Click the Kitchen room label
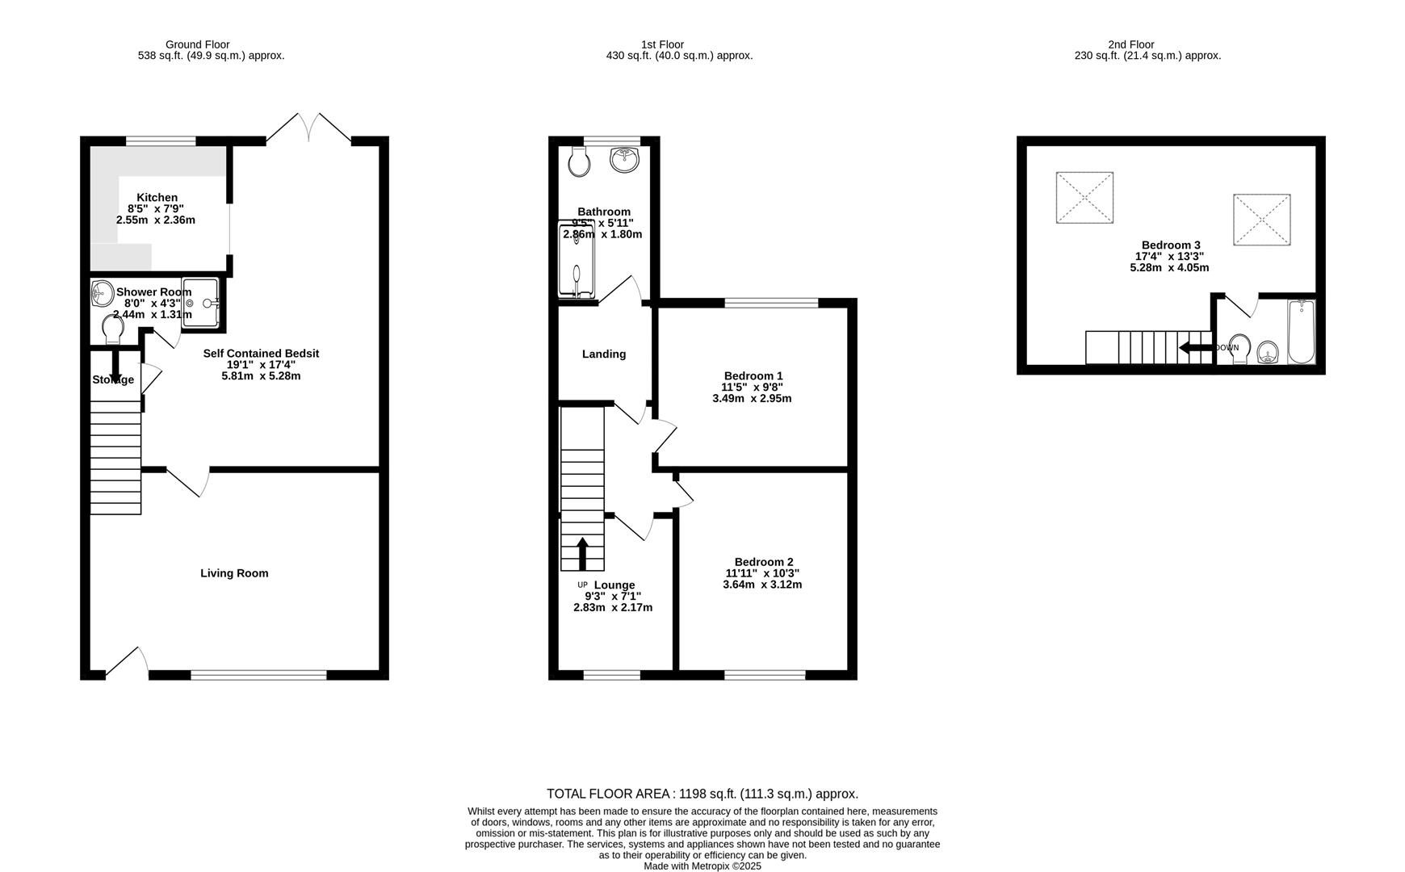coord(157,198)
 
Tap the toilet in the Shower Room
coord(113,329)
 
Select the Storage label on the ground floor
coord(112,380)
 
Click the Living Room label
coord(234,573)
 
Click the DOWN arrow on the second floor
coord(1196,348)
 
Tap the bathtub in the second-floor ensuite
coord(1301,332)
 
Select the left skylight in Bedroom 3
coord(1084,197)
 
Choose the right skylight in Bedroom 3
coord(1261,220)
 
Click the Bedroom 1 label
coord(753,376)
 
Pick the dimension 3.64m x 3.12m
coord(761,585)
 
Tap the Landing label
coord(604,354)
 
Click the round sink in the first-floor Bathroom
coord(625,159)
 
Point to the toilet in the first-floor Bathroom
coord(579,161)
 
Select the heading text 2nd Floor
coord(1130,44)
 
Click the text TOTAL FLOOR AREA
coord(610,794)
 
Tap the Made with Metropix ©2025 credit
coord(702,866)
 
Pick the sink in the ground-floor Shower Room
coord(102,292)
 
